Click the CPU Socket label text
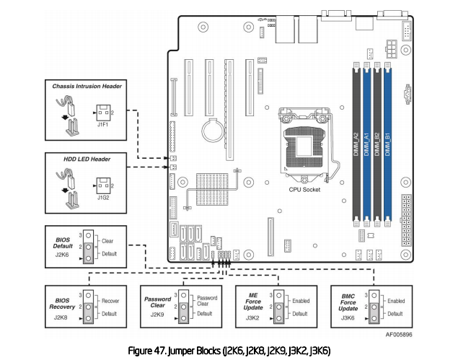(304, 189)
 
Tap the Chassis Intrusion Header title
(87, 87)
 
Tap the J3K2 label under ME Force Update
(252, 315)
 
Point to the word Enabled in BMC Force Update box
(396, 299)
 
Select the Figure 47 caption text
(229, 350)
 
